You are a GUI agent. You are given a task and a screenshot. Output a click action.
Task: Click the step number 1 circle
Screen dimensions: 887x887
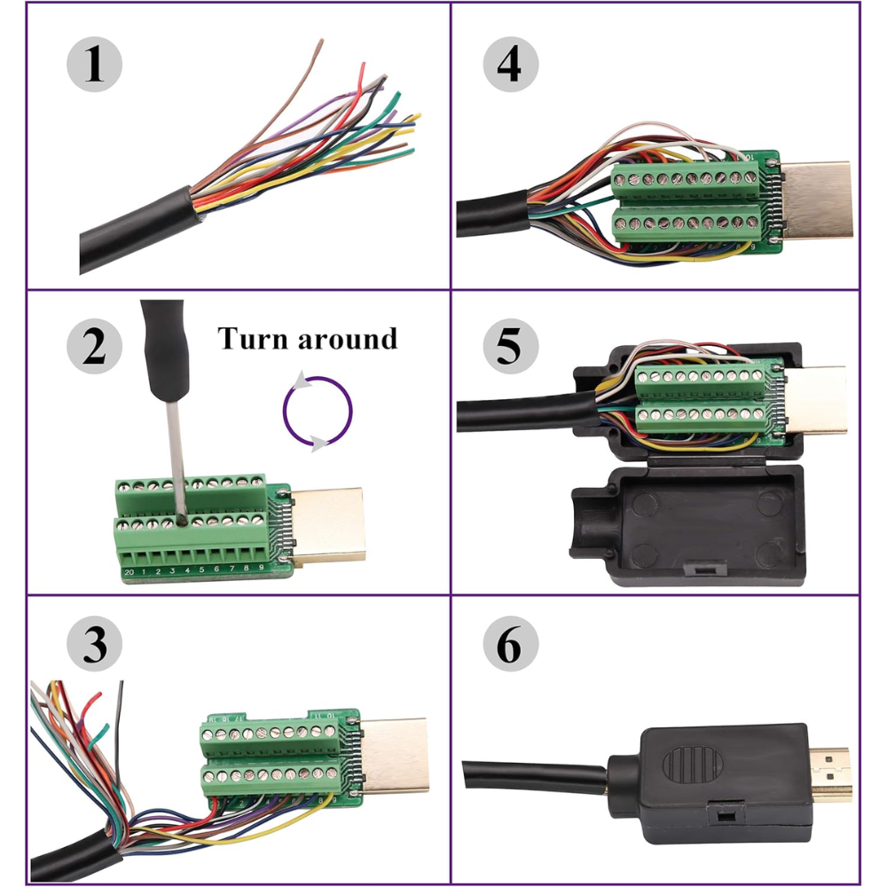coord(94,67)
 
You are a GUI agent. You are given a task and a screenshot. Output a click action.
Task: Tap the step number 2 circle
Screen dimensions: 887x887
coord(94,346)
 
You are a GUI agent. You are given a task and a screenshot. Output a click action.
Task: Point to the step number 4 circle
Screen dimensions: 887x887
coord(509,67)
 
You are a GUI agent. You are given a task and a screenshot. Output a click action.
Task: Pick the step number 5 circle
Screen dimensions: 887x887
coord(509,346)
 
